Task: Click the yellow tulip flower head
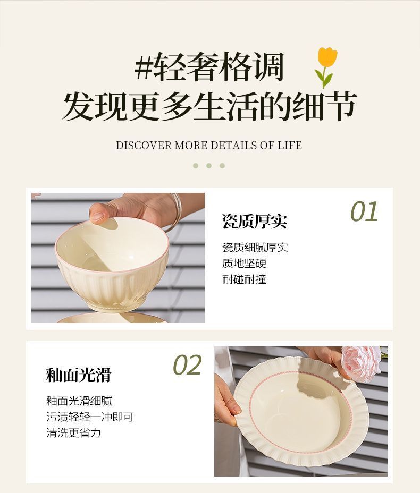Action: pos(327,58)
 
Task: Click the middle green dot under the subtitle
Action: pos(209,166)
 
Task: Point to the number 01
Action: pos(364,211)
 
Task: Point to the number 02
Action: pos(187,365)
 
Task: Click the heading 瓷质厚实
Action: pos(254,222)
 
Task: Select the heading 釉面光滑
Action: pos(79,375)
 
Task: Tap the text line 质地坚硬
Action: pos(244,263)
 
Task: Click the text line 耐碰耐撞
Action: pos(244,279)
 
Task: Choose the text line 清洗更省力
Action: pos(73,433)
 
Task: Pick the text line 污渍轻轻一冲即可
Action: pos(90,417)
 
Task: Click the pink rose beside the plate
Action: pos(362,362)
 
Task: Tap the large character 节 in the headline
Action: pos(341,106)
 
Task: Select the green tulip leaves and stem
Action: pos(324,78)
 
